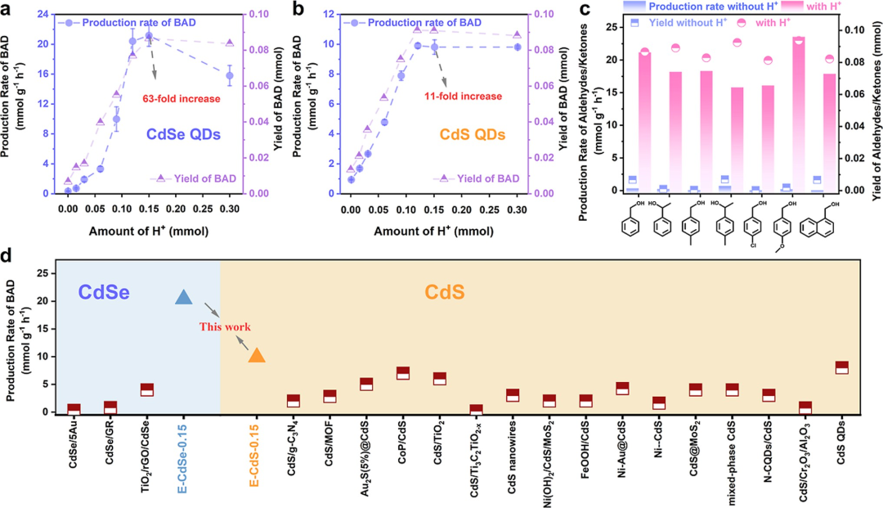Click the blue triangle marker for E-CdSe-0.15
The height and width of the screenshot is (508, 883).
184,298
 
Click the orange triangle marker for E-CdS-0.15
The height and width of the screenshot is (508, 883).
257,355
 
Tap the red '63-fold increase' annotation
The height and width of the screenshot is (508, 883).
182,99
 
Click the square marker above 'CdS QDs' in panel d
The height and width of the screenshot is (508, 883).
841,368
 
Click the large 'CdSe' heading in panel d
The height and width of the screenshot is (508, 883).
106,291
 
